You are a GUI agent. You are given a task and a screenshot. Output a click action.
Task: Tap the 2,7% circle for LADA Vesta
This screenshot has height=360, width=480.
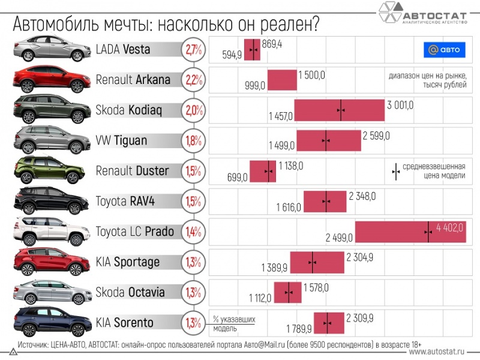[193, 49]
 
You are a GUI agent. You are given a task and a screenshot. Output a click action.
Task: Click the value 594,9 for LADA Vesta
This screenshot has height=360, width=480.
[232, 55]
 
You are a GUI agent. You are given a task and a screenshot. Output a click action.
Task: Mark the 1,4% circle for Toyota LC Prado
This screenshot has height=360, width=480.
[193, 232]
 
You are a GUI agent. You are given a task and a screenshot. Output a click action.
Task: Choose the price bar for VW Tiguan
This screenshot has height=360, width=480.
[329, 141]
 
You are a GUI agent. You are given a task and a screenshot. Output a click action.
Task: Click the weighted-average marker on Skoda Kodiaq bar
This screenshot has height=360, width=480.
[341, 110]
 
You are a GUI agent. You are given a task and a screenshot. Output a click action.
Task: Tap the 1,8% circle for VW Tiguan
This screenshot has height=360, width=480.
[193, 140]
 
